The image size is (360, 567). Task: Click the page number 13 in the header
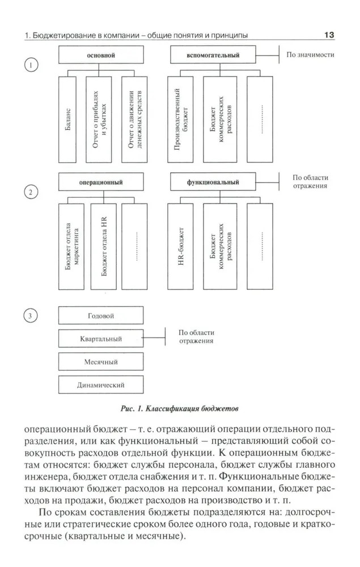(x=329, y=35)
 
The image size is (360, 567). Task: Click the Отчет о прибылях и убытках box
(x=100, y=119)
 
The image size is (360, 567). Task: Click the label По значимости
(x=310, y=55)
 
